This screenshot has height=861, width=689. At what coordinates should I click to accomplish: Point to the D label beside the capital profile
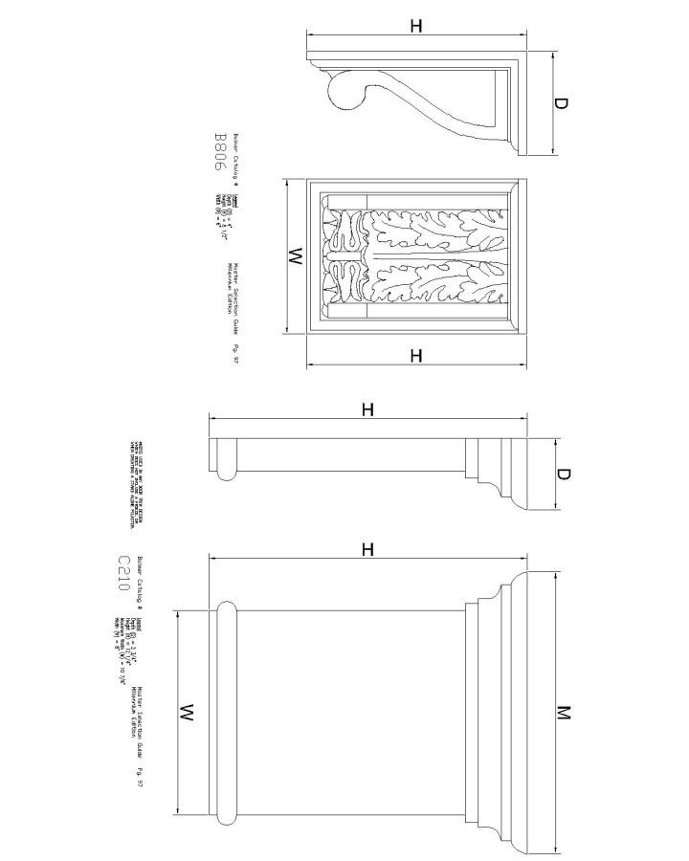pos(564,475)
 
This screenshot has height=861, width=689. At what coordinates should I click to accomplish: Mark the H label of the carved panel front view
pos(416,356)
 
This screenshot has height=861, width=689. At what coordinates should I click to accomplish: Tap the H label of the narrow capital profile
pos(367,410)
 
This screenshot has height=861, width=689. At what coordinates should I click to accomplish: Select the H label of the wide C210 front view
pos(367,549)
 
